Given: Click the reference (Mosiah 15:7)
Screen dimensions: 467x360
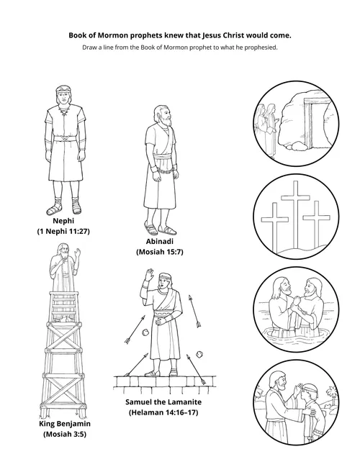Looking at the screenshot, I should point(161,253).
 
